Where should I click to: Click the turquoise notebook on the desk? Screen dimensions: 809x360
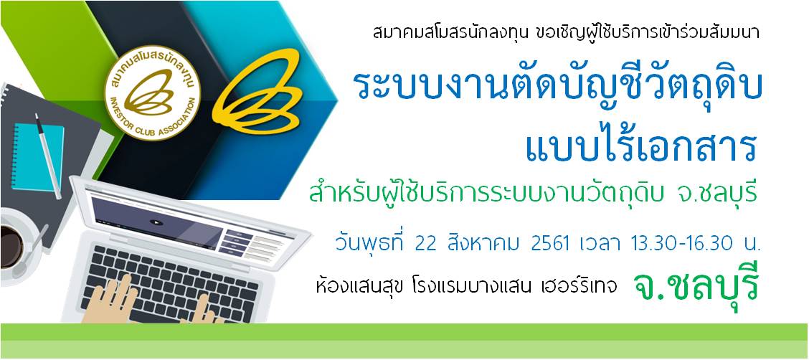(38, 157)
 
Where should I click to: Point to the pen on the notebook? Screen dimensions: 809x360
(48, 156)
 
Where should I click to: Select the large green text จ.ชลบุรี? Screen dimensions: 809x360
(696, 289)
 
